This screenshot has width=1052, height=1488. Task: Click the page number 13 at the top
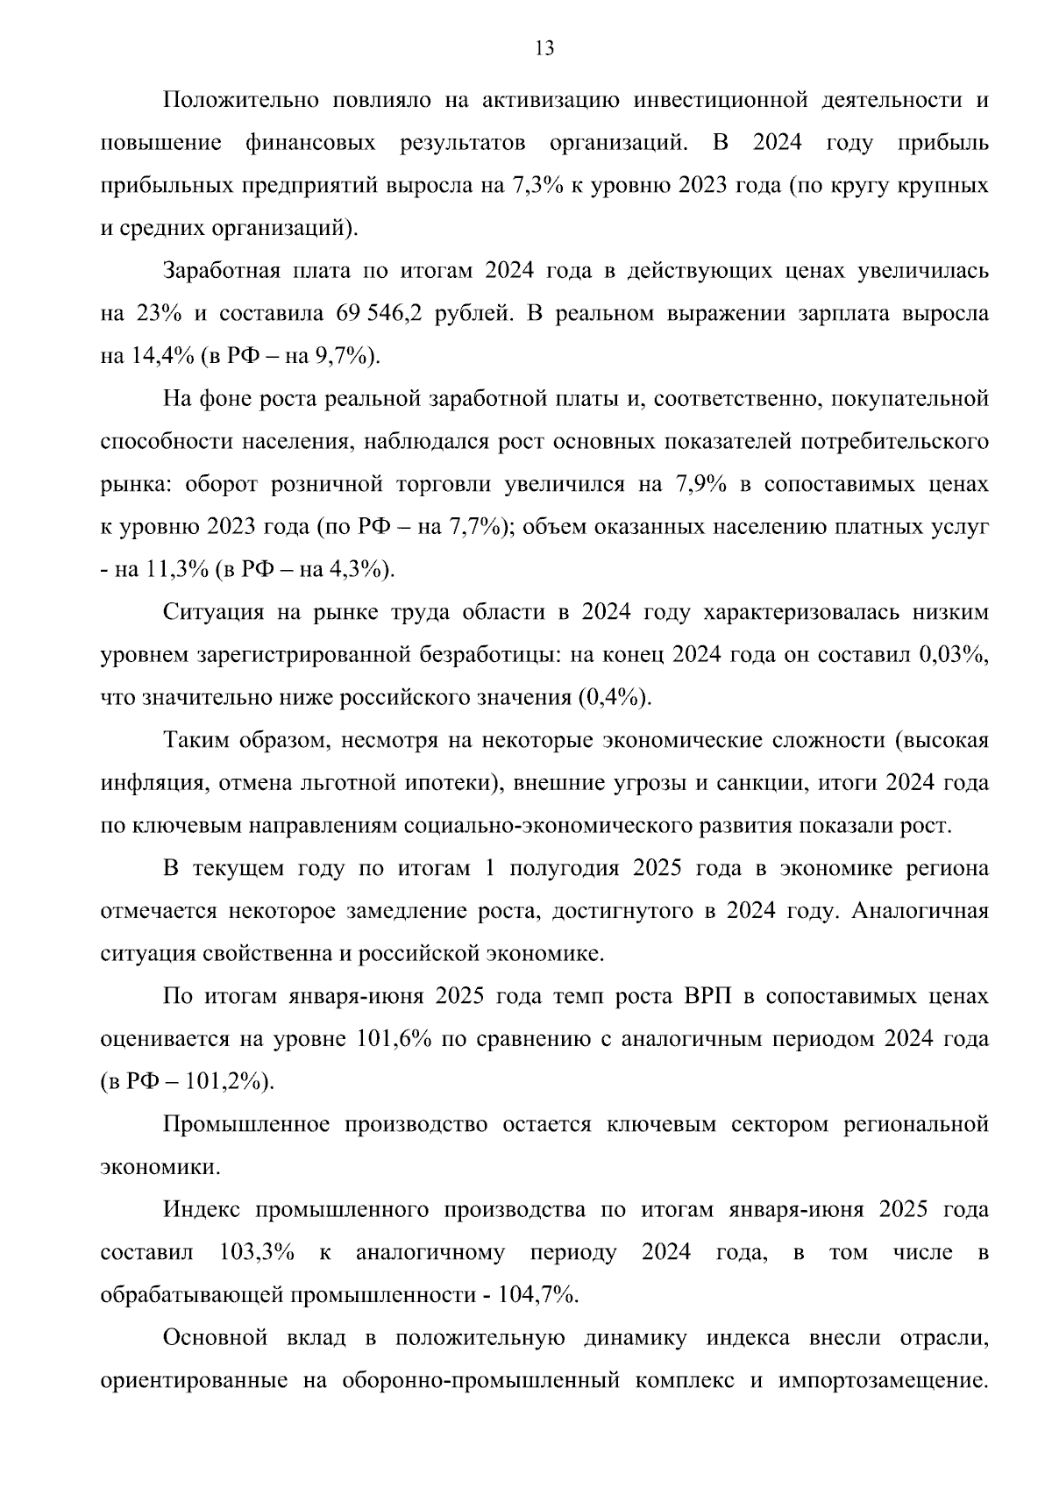pos(544,49)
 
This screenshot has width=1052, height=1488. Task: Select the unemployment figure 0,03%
pos(954,655)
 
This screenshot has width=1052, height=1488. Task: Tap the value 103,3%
pos(255,1253)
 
